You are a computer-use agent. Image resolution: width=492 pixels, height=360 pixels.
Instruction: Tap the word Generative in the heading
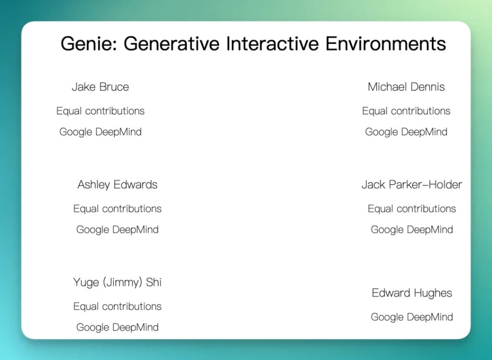pyautogui.click(x=172, y=43)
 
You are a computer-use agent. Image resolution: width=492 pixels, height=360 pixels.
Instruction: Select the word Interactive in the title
pyautogui.click(x=272, y=43)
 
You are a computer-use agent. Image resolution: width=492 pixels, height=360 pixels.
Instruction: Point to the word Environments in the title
pyautogui.click(x=386, y=43)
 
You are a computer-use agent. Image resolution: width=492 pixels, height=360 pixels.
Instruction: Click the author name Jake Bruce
pyautogui.click(x=100, y=87)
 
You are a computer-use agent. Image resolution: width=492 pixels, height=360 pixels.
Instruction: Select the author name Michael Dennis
pyautogui.click(x=406, y=87)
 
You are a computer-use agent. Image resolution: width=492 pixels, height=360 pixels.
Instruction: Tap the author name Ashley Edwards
pyautogui.click(x=117, y=185)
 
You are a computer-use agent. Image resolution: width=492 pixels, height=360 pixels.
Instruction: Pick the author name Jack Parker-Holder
pyautogui.click(x=412, y=185)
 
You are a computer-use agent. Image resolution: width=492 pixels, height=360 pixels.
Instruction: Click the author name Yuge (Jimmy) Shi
pyautogui.click(x=117, y=283)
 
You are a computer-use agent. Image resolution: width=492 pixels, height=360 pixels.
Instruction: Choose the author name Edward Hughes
pyautogui.click(x=412, y=293)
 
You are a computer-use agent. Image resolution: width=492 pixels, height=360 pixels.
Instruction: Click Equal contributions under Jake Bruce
pyautogui.click(x=100, y=111)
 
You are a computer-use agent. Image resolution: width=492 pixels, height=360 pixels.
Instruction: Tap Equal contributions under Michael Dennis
pyautogui.click(x=406, y=111)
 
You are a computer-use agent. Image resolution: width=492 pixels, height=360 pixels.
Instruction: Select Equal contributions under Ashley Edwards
pyautogui.click(x=117, y=209)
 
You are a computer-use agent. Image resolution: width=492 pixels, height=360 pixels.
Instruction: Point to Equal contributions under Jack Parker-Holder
pyautogui.click(x=412, y=209)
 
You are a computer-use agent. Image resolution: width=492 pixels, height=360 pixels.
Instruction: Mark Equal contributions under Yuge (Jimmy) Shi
pyautogui.click(x=117, y=306)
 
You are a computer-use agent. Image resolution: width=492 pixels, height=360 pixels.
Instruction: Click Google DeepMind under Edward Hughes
pyautogui.click(x=412, y=317)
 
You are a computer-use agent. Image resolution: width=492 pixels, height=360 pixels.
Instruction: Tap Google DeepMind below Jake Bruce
pyautogui.click(x=100, y=132)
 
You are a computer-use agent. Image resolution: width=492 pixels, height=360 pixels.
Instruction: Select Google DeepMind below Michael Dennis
pyautogui.click(x=406, y=132)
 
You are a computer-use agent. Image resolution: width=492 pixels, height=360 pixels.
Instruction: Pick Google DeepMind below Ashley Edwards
pyautogui.click(x=117, y=230)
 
